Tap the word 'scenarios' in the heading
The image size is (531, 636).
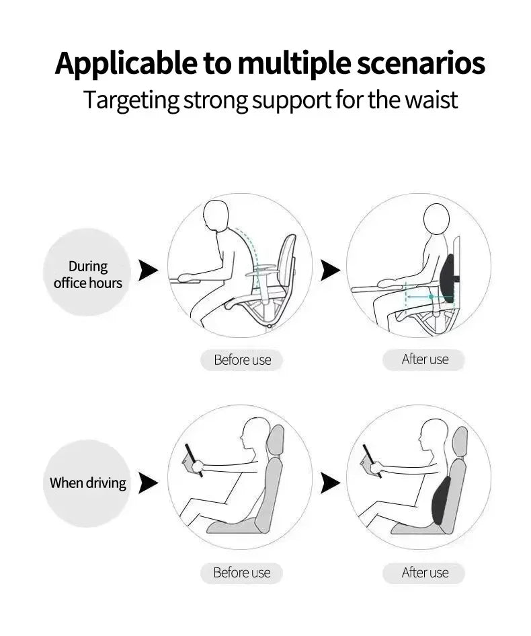point(420,63)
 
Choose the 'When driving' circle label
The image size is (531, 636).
point(87,483)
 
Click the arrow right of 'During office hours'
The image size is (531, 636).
point(148,271)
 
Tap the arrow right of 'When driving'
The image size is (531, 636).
point(148,483)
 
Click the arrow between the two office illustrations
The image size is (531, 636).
point(330,271)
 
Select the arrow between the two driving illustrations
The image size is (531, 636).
point(330,483)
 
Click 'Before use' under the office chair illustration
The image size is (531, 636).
point(242,360)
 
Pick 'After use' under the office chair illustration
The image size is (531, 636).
point(424,359)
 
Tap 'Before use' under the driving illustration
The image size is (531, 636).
point(241,573)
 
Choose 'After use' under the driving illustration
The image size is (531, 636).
point(424,573)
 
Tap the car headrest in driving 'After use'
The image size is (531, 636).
point(460,440)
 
